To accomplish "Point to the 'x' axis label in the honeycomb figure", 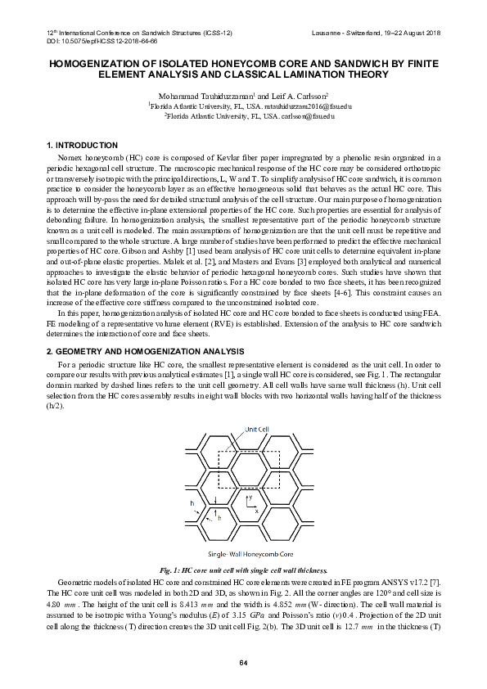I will pyautogui.click(x=256, y=511).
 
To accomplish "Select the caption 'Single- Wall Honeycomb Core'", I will pyautogui.click(x=243, y=552).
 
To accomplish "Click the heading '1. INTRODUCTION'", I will pyautogui.click(x=85, y=145).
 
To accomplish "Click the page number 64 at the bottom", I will pyautogui.click(x=243, y=661).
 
